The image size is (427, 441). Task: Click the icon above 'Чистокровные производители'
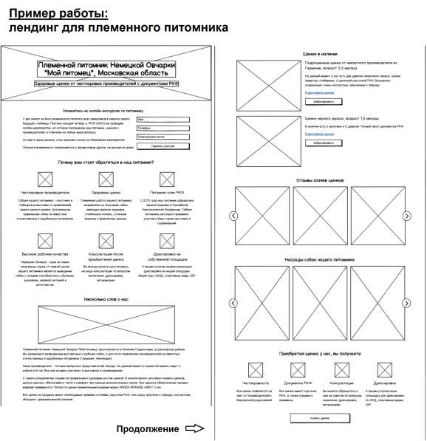tap(44, 178)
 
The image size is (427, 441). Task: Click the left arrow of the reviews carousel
tap(233, 216)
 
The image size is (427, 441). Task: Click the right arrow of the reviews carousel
tap(406, 216)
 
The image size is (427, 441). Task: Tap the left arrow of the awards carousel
tap(233, 303)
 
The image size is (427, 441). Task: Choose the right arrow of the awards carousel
tap(406, 303)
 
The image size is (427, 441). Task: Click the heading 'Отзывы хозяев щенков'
tap(320, 180)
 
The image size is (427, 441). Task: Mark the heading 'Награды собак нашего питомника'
tap(320, 260)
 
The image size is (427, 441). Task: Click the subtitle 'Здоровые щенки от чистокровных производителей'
tap(106, 84)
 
